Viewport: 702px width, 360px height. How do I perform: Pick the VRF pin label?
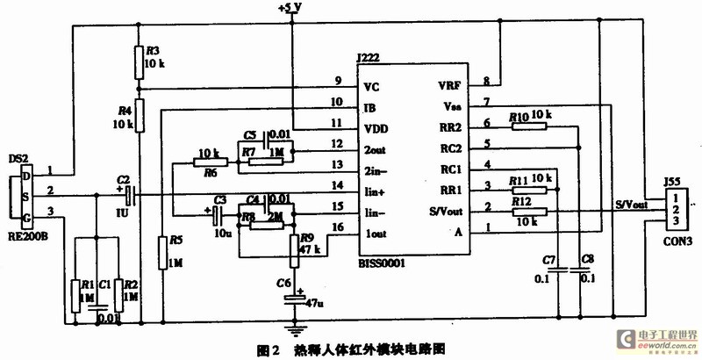[448, 86]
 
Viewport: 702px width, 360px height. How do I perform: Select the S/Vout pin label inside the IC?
[443, 210]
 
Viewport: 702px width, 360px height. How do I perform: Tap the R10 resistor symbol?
[530, 126]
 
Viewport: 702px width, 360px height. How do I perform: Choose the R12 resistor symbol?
[530, 211]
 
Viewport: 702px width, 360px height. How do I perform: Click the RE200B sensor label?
[27, 235]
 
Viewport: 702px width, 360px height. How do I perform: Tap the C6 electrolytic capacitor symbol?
[296, 299]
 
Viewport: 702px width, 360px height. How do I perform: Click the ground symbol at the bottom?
[296, 332]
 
